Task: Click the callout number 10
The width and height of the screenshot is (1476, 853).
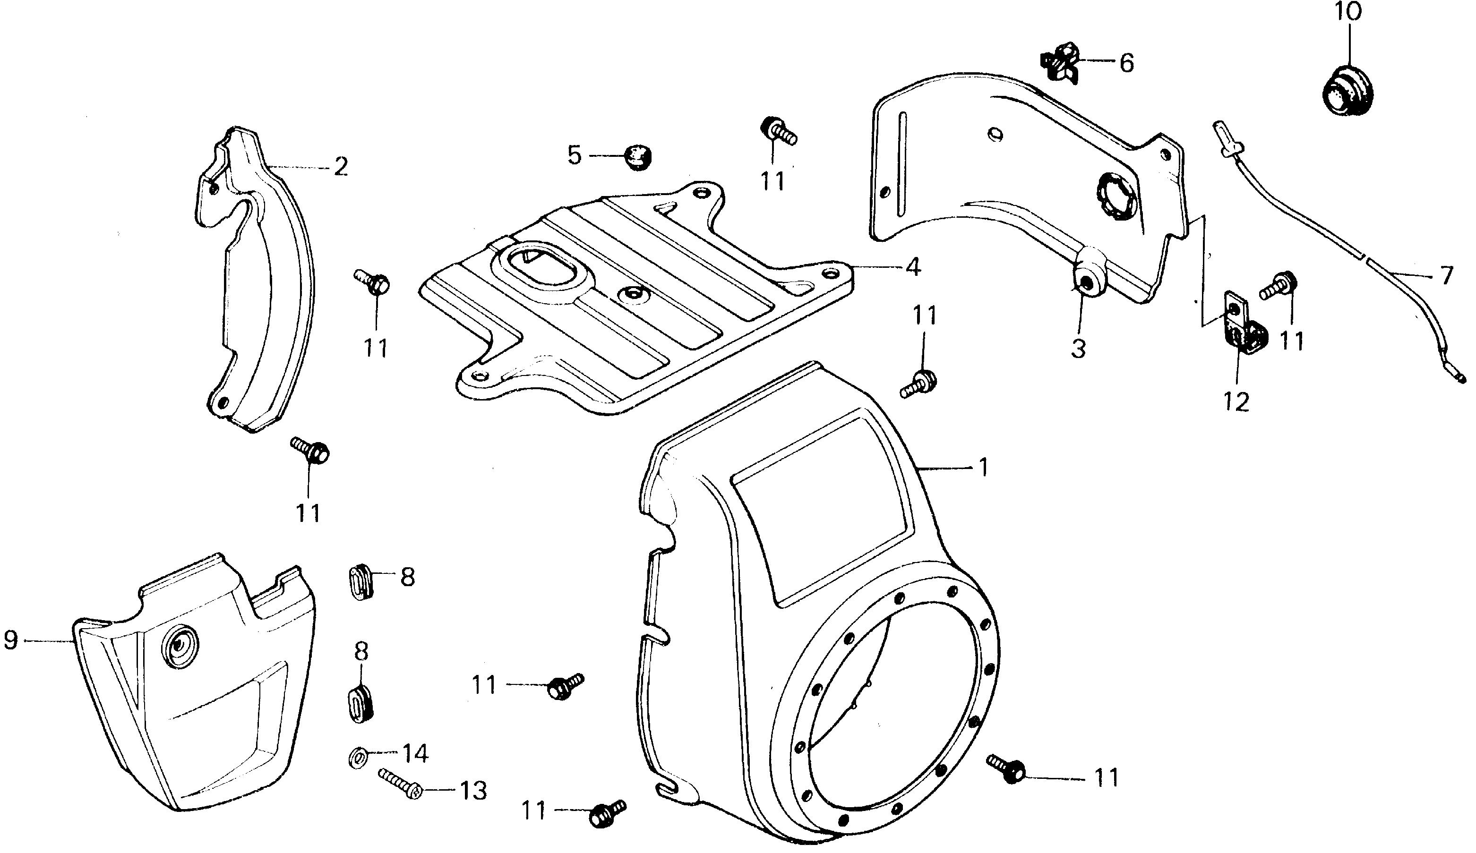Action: [x=1348, y=12]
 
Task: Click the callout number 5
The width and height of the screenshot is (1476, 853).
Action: [x=575, y=156]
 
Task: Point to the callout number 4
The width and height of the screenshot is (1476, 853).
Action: [x=912, y=267]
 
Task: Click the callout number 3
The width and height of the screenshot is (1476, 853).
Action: [x=1078, y=349]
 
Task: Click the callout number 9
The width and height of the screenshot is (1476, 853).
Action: [x=10, y=640]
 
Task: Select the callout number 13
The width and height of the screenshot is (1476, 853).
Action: [x=472, y=791]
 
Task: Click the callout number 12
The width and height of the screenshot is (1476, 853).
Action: [x=1236, y=401]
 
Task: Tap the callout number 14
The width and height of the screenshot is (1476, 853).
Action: [x=414, y=753]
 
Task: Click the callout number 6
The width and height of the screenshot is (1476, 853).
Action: [x=1126, y=63]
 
